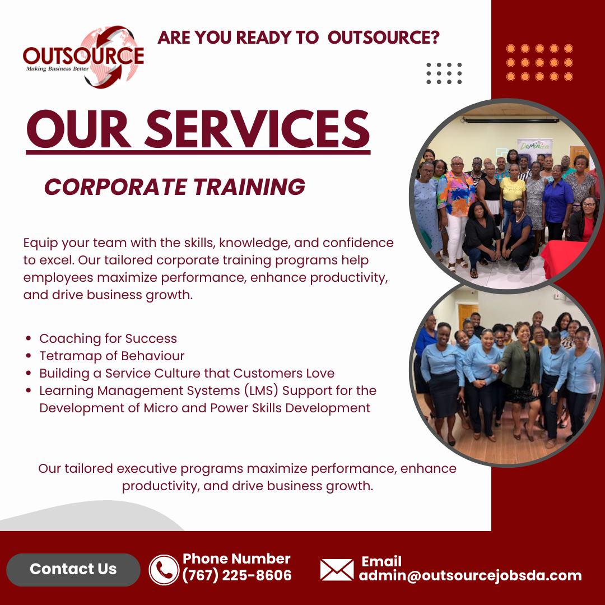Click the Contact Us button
coord(73,570)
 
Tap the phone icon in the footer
coord(164,570)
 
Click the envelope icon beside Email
coord(337,570)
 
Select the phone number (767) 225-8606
coord(237,575)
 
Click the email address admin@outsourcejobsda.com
coord(470,575)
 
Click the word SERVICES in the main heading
coord(257,129)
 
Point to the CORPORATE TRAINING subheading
coord(175,187)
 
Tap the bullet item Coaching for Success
coord(108,338)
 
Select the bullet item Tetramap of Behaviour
coord(112,356)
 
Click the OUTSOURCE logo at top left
coord(83,57)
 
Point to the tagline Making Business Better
coord(57,69)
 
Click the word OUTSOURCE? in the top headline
coord(384,38)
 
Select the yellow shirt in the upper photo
coord(513,189)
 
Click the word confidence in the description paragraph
coord(358,243)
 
